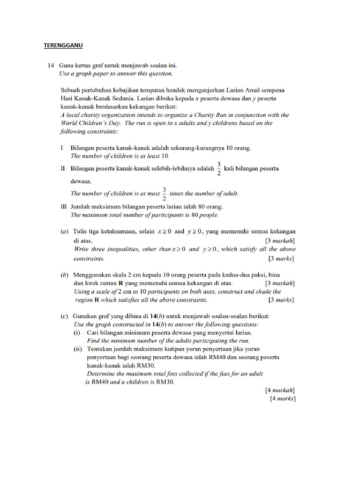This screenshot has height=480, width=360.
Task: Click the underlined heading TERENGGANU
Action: (63, 45)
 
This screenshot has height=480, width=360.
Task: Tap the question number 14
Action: (51, 66)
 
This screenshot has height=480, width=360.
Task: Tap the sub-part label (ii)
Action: (78, 349)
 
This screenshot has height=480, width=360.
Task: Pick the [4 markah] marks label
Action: (280, 390)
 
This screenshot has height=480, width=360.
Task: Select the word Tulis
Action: (81, 232)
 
